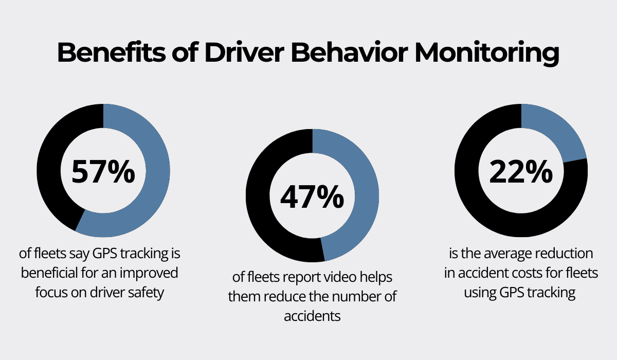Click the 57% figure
(103, 171)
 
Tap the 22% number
(521, 171)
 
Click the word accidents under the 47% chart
(312, 316)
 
